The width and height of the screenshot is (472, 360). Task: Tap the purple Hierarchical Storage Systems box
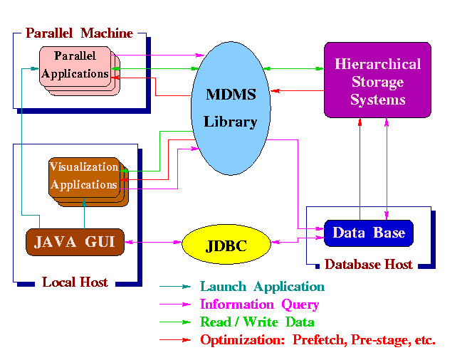(377, 80)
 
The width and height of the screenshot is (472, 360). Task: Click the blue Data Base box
(368, 233)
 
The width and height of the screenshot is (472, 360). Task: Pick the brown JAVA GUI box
(75, 242)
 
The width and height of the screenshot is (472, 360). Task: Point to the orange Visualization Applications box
(83, 176)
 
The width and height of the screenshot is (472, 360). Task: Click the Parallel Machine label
(79, 33)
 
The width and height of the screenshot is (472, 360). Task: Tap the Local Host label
(75, 282)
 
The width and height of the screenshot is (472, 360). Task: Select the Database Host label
(368, 265)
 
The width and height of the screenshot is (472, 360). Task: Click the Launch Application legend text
(262, 287)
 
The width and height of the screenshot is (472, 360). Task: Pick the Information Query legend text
(259, 305)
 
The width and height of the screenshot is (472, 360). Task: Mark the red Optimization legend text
(318, 339)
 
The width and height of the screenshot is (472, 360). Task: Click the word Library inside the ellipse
(230, 122)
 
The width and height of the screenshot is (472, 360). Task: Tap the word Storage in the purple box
(377, 81)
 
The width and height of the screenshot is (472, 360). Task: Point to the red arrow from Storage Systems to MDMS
(298, 90)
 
